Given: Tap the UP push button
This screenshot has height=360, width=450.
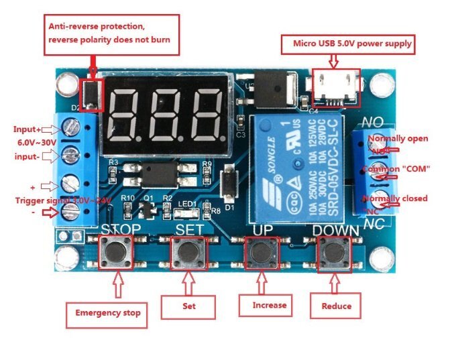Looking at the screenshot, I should [260, 252].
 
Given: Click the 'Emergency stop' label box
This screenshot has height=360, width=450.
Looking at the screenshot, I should [106, 313].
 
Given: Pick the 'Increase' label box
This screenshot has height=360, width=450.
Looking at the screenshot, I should [270, 305].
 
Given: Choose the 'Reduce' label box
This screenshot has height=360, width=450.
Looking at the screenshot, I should [337, 306].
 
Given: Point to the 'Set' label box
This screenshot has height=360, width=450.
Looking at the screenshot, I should [188, 306].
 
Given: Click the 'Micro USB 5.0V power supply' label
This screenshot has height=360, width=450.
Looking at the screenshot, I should [353, 44].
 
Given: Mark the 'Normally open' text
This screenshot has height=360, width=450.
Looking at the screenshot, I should [398, 139].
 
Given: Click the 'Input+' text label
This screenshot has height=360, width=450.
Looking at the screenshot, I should [27, 129].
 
